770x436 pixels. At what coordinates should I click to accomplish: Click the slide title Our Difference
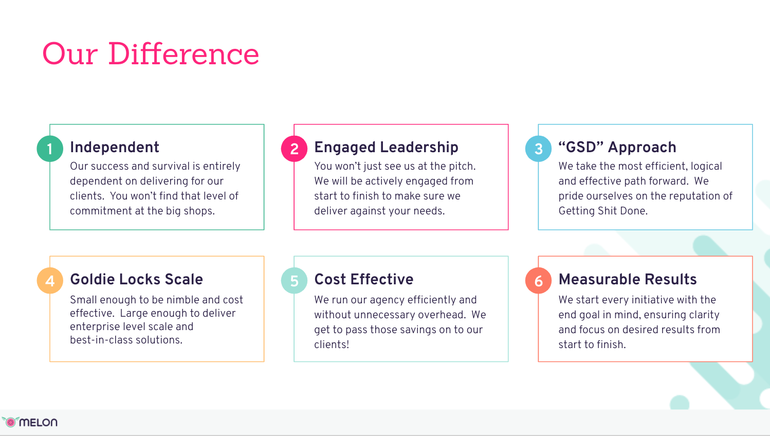tap(151, 53)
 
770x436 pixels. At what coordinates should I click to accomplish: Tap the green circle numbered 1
tap(50, 149)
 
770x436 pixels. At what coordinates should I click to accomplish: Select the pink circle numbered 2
tap(294, 149)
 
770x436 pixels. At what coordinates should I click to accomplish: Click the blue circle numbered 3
tap(538, 149)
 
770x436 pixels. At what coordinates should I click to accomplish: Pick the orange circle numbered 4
tap(50, 281)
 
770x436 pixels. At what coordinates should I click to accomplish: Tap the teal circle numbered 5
tap(294, 281)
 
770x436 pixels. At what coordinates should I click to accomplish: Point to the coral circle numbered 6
tap(538, 281)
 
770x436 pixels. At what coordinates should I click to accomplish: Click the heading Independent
tap(115, 148)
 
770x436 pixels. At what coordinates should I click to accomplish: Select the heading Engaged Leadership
tap(386, 148)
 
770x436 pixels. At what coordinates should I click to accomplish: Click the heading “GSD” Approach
tap(617, 147)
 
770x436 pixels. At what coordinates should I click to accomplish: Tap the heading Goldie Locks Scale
tap(136, 279)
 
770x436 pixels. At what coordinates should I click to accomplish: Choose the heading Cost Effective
tap(364, 279)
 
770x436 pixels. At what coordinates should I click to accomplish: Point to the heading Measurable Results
tap(628, 279)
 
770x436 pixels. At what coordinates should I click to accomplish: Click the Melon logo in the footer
tap(30, 422)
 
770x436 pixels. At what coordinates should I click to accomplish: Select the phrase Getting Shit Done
tap(603, 211)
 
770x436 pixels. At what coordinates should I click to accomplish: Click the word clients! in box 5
tap(332, 344)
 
